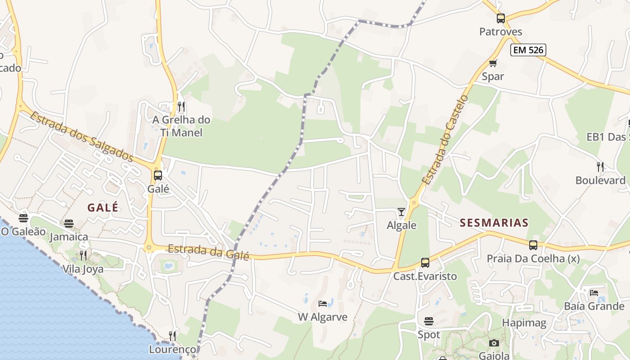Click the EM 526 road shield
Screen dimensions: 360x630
(528, 50)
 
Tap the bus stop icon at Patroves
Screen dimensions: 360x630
(501, 18)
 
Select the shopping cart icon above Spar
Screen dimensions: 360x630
(493, 63)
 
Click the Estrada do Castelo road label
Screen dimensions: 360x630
(445, 139)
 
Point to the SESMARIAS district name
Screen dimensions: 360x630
(494, 223)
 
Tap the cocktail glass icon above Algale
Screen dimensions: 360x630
(401, 211)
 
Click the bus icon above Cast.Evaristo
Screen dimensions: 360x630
(425, 263)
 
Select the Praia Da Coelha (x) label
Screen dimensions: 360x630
(533, 259)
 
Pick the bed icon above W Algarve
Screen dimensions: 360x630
(323, 304)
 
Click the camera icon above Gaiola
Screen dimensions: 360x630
(494, 343)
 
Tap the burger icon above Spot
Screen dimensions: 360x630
(429, 321)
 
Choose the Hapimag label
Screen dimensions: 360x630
(524, 323)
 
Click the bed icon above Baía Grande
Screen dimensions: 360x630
(594, 293)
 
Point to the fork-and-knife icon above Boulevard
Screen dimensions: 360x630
(600, 167)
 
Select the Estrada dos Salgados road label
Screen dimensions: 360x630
(82, 137)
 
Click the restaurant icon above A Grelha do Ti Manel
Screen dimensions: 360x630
(181, 107)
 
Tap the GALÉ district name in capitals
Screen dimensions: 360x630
(103, 207)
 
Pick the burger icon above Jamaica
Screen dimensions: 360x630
(69, 224)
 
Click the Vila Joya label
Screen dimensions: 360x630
(83, 269)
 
